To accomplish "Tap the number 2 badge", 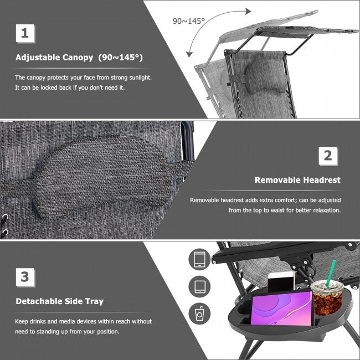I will coord(328,156).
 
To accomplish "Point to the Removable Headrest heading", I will coord(297,180).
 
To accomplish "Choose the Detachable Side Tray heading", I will coord(59,301).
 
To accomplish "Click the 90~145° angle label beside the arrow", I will coord(189,20).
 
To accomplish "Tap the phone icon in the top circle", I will coord(200,259).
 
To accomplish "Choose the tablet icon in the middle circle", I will coord(200,286).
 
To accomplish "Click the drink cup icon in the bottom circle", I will coord(200,313).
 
